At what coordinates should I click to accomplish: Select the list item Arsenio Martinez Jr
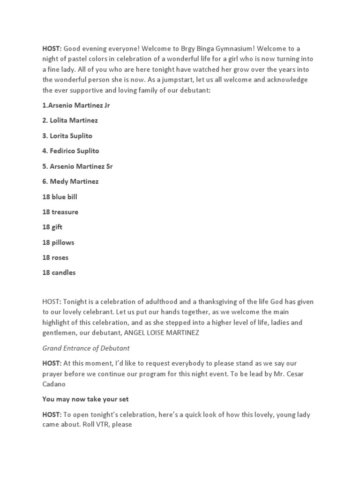[x=76, y=105]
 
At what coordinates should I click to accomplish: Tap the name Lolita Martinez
[x=70, y=120]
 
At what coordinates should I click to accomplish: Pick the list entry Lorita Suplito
[x=67, y=136]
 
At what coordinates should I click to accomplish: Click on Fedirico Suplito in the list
[x=71, y=151]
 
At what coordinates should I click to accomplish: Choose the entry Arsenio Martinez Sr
[x=77, y=166]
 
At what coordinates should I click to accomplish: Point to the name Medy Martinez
[x=70, y=181]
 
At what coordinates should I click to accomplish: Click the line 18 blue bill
[x=60, y=197]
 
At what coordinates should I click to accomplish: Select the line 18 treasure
[x=60, y=212]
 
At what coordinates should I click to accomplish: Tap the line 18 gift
[x=52, y=227]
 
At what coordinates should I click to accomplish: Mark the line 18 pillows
[x=59, y=242]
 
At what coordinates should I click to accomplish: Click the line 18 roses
[x=56, y=257]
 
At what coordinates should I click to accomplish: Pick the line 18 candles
[x=59, y=272]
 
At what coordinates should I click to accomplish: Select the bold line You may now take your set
[x=85, y=399]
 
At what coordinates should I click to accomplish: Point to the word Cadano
[x=54, y=384]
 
